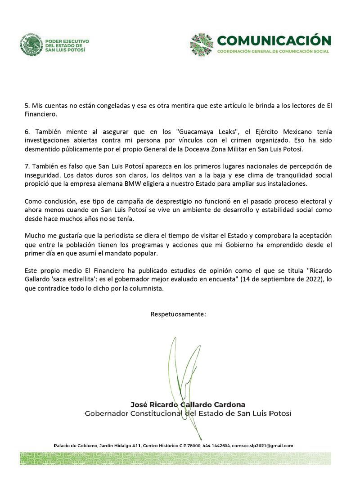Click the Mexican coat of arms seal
point(31,44)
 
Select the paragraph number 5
point(27,105)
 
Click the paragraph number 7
point(27,166)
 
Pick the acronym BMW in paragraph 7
point(138,184)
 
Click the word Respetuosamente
point(178,314)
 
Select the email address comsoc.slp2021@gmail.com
point(262,445)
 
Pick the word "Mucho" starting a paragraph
point(34,236)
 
